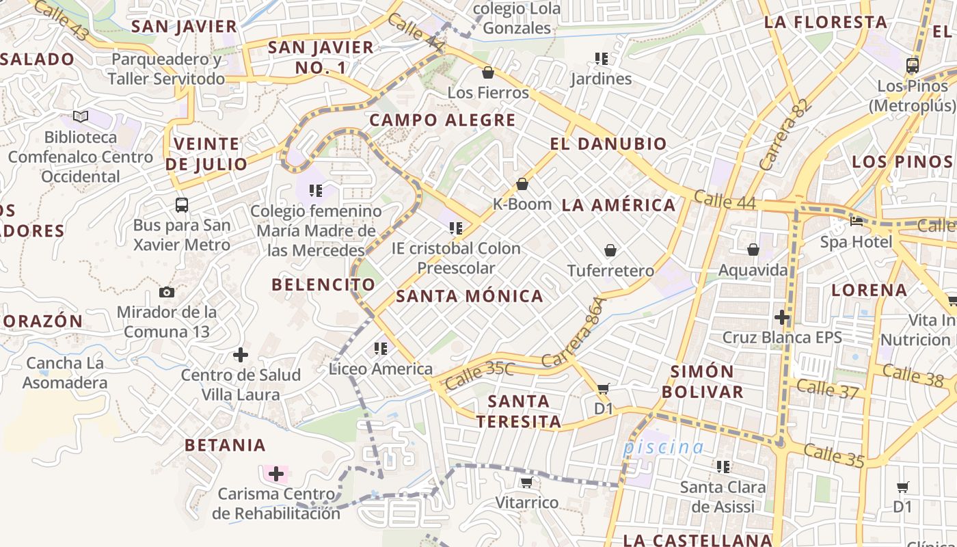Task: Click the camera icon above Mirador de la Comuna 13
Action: [x=166, y=293]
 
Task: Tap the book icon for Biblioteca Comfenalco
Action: [x=81, y=117]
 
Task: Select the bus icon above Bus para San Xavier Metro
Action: [x=182, y=204]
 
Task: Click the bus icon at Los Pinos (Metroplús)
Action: [x=912, y=66]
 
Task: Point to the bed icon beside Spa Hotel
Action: [x=856, y=221]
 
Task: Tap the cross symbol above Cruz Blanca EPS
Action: [x=782, y=317]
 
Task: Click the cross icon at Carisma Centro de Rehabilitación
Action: [x=276, y=474]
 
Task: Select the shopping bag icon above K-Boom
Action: [x=522, y=184]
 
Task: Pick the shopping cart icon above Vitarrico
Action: [x=526, y=483]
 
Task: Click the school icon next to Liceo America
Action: [x=381, y=349]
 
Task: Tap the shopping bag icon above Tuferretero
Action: [x=610, y=251]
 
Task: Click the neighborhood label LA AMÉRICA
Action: [x=618, y=205]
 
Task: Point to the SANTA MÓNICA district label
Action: [x=470, y=296]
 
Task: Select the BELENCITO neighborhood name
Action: [x=323, y=284]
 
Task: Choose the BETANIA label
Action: [x=225, y=445]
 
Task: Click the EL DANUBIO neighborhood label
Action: [x=608, y=144]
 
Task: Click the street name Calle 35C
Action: [x=479, y=375]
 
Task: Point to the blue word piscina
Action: [x=663, y=448]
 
